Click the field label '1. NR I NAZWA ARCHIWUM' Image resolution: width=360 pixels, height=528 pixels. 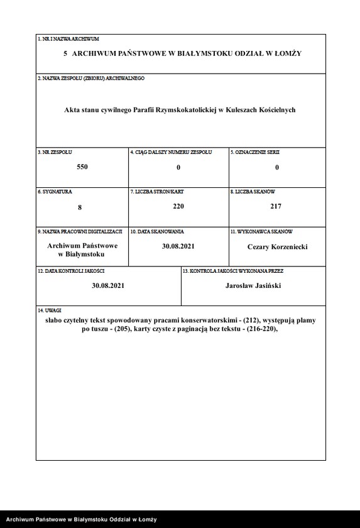pos(68,39)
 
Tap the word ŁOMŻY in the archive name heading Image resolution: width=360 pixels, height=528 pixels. pos(288,53)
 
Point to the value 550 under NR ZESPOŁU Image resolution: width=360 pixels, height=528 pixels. pos(82,167)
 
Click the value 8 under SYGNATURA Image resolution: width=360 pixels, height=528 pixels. pos(80,206)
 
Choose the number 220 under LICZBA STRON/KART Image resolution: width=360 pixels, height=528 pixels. pos(178,206)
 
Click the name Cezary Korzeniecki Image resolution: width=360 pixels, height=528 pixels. pos(277,247)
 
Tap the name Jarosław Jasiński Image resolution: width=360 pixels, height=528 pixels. pos(253,285)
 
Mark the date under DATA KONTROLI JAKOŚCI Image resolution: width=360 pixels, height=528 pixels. pos(108,285)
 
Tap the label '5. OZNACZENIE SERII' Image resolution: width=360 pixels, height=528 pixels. pos(254,153)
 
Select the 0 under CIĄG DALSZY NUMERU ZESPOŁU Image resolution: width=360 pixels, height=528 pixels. pos(178,167)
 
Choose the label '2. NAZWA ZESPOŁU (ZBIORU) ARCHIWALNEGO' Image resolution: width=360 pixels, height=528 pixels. pos(91,78)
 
